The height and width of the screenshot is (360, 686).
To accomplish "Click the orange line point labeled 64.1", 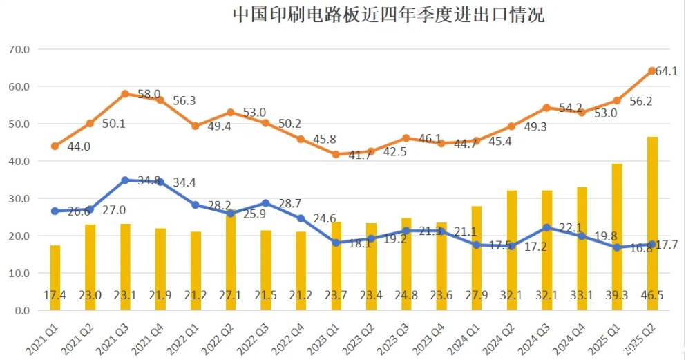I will coord(652,70).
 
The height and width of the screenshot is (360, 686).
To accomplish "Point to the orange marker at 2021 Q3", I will coord(125,94).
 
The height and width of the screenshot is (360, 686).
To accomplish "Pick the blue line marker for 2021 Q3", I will coord(125,180).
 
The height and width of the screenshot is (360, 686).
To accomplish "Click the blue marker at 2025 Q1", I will coord(617,247).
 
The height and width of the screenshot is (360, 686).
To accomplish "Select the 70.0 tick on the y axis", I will coord(19,50).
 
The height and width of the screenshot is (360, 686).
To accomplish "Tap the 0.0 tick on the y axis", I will coord(21,310).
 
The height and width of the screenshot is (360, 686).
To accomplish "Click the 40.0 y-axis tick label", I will coord(19,161).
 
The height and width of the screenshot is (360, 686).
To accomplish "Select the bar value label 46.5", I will coord(652,294).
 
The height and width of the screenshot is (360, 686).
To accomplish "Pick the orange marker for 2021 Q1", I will coord(55,146).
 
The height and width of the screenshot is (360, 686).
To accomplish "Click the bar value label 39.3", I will coord(617,294).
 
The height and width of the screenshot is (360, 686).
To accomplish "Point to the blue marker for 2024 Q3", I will coord(546,227).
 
